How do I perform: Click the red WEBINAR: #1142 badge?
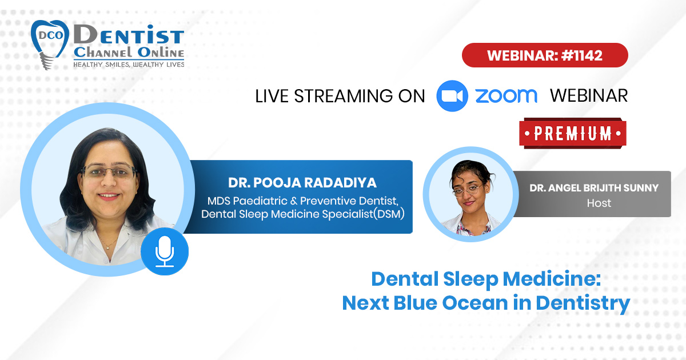coord(545,55)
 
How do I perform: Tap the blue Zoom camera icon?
coord(452,96)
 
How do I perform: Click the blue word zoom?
coord(506,96)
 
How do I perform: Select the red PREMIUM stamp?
coord(573,134)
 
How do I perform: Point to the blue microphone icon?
coord(165,251)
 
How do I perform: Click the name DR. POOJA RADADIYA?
coord(302,183)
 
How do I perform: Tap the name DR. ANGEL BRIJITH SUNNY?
coord(594,187)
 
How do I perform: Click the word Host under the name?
coord(599,203)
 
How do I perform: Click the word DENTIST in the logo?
coord(129,35)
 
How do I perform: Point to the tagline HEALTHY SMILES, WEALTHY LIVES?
coord(129,65)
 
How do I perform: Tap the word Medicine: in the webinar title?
coord(552,279)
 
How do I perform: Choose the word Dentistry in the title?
coord(583,303)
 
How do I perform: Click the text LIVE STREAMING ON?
coord(340,96)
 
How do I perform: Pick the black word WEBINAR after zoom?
coord(589,96)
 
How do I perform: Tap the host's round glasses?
coord(466,190)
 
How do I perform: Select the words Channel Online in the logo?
coord(129,53)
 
